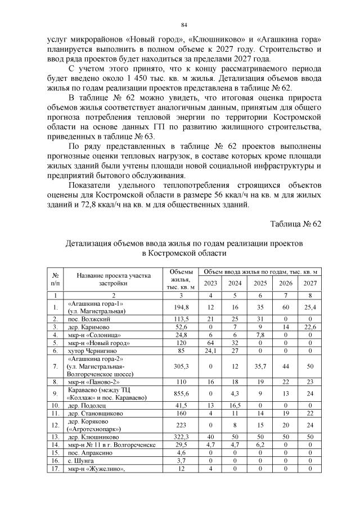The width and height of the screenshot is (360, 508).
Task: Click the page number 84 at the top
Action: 183,25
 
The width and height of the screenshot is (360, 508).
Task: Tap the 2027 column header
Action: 310,283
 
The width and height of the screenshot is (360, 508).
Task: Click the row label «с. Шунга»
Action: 80,459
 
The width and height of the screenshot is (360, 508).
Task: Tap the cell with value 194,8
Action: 182,306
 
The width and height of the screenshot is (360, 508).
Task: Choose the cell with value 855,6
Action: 182,393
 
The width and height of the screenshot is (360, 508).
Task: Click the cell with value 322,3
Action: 182,435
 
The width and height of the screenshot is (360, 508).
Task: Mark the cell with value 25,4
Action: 310,306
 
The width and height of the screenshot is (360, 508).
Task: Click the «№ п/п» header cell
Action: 56,279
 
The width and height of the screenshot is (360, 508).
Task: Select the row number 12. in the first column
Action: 56,424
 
